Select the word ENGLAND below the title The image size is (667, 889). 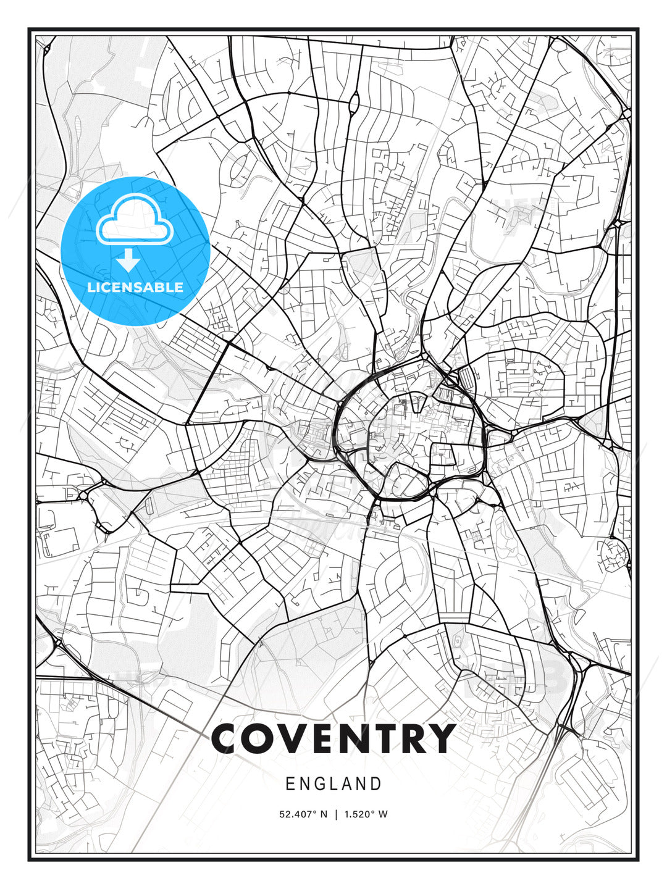click(333, 784)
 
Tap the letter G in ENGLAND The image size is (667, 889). click(320, 784)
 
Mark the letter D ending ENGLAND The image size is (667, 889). click(376, 784)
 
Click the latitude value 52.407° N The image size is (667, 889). click(303, 814)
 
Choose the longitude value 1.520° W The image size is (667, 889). click(366, 814)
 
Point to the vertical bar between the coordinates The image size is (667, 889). click(336, 814)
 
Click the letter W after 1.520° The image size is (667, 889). click(384, 814)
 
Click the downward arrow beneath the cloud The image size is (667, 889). click(128, 260)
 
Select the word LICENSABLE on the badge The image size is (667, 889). click(135, 287)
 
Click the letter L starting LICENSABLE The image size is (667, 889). click(91, 287)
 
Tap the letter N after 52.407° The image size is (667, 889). click(323, 814)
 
